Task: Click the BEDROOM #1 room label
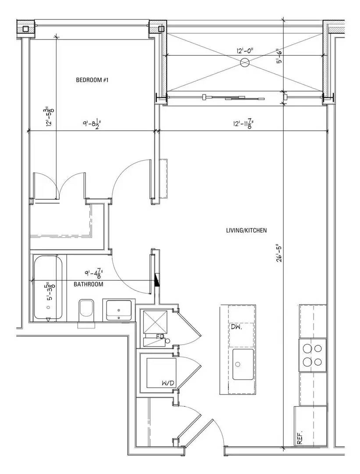pyautogui.click(x=92, y=80)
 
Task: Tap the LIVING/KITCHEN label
pyautogui.click(x=246, y=230)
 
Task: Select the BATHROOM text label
pyautogui.click(x=88, y=284)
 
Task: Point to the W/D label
pyautogui.click(x=168, y=384)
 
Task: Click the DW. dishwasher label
pyautogui.click(x=236, y=327)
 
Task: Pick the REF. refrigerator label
pyautogui.click(x=300, y=438)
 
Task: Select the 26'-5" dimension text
pyautogui.click(x=277, y=253)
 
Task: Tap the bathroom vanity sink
pyautogui.click(x=119, y=309)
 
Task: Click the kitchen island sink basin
pyautogui.click(x=242, y=364)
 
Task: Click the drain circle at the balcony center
pyautogui.click(x=245, y=63)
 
